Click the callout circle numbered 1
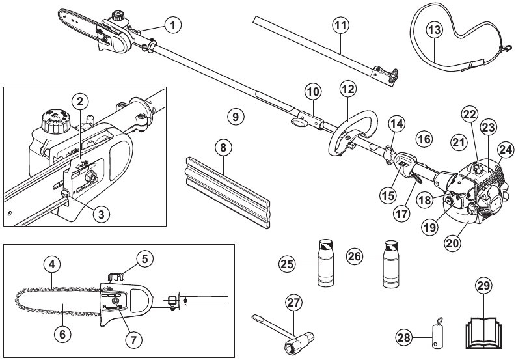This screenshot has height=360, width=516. coord(172,25)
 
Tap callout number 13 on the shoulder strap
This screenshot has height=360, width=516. coord(434,29)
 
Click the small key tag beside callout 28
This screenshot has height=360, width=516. coord(435,330)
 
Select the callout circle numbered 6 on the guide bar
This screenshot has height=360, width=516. coord(62,333)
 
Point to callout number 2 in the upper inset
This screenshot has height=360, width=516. coord(79,102)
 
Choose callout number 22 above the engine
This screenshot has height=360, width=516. coord(469,113)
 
